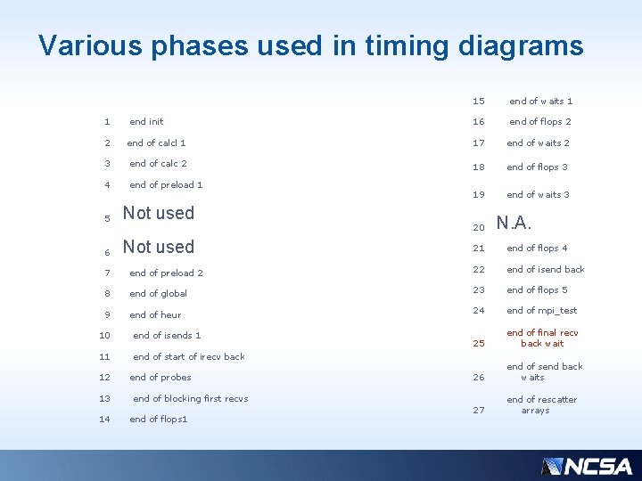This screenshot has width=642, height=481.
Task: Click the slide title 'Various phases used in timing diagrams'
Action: [x=310, y=45]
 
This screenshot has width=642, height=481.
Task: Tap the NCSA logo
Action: [x=586, y=466]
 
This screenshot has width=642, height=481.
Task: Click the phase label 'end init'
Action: [x=146, y=121]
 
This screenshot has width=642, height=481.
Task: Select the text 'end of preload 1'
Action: [x=166, y=184]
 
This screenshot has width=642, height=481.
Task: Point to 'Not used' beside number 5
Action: [x=158, y=213]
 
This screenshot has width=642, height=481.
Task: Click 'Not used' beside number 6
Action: [x=158, y=247]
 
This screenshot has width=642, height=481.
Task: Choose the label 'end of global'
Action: [x=158, y=293]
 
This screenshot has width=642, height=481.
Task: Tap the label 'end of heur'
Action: [x=155, y=314]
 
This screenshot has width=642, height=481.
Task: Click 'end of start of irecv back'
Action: [x=188, y=356]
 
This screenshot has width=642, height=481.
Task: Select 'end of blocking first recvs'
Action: [x=190, y=398]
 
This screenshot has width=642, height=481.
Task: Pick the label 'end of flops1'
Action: [x=158, y=419]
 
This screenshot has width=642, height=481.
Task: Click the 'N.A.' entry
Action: [x=514, y=223]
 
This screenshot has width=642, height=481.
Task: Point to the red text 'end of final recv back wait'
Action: [x=542, y=338]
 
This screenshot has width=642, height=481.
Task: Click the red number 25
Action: [x=478, y=343]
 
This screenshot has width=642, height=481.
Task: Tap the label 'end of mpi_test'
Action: [x=541, y=310]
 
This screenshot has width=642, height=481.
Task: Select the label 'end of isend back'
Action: [x=545, y=269]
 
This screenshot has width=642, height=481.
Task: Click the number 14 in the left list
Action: [x=105, y=419]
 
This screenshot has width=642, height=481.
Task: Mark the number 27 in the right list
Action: [x=478, y=410]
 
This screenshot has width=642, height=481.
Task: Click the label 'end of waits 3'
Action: [x=538, y=194]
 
